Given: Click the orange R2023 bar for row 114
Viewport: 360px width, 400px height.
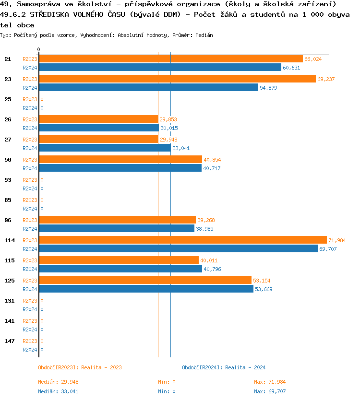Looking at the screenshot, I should [182, 240].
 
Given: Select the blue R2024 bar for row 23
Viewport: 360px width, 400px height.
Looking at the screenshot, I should [148, 87].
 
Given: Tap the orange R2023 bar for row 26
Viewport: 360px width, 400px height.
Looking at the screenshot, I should [98, 119].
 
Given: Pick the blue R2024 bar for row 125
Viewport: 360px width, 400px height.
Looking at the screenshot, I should [146, 289].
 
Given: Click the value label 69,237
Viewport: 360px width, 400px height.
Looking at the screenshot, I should [326, 79].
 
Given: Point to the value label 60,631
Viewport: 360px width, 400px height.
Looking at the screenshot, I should [291, 68].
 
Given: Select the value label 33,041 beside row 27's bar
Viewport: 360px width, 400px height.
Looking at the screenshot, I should [181, 148].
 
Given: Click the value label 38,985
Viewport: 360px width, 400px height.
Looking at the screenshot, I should [204, 229].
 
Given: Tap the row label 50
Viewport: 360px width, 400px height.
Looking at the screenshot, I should [8, 160].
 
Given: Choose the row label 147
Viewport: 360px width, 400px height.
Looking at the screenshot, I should [10, 341].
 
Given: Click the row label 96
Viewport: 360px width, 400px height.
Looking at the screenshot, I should [8, 220].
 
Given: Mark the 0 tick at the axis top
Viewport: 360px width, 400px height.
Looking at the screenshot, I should [38, 49].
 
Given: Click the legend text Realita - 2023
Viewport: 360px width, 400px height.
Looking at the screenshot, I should [101, 367].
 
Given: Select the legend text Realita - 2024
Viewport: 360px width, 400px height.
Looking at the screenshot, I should [245, 367].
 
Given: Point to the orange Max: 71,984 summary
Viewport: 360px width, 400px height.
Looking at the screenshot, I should [270, 382].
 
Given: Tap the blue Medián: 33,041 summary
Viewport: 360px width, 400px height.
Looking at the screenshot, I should [58, 391].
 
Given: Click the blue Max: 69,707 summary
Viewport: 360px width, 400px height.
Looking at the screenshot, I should [270, 391].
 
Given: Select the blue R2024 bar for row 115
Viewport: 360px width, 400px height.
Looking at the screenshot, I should [120, 269].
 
